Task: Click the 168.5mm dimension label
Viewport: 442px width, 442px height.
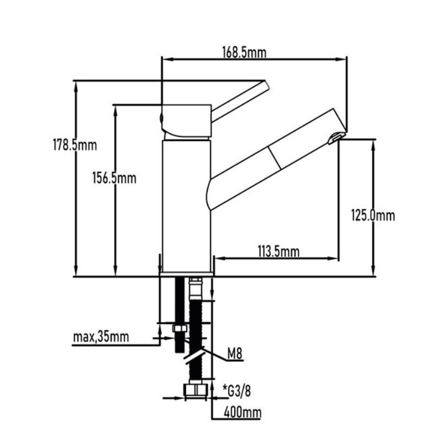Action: [x=244, y=52]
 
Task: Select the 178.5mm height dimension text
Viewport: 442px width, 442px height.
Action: [x=75, y=146]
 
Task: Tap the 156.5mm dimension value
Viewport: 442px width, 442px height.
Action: [x=113, y=178]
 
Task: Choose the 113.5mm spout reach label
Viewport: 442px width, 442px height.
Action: [x=278, y=252]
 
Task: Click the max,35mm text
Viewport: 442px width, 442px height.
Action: [x=101, y=336]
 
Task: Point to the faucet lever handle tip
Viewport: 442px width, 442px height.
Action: [x=266, y=86]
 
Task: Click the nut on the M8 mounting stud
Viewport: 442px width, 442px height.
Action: [x=180, y=329]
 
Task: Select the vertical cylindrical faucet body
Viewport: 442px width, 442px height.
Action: [x=187, y=204]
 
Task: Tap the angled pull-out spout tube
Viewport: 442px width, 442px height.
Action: [x=271, y=160]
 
